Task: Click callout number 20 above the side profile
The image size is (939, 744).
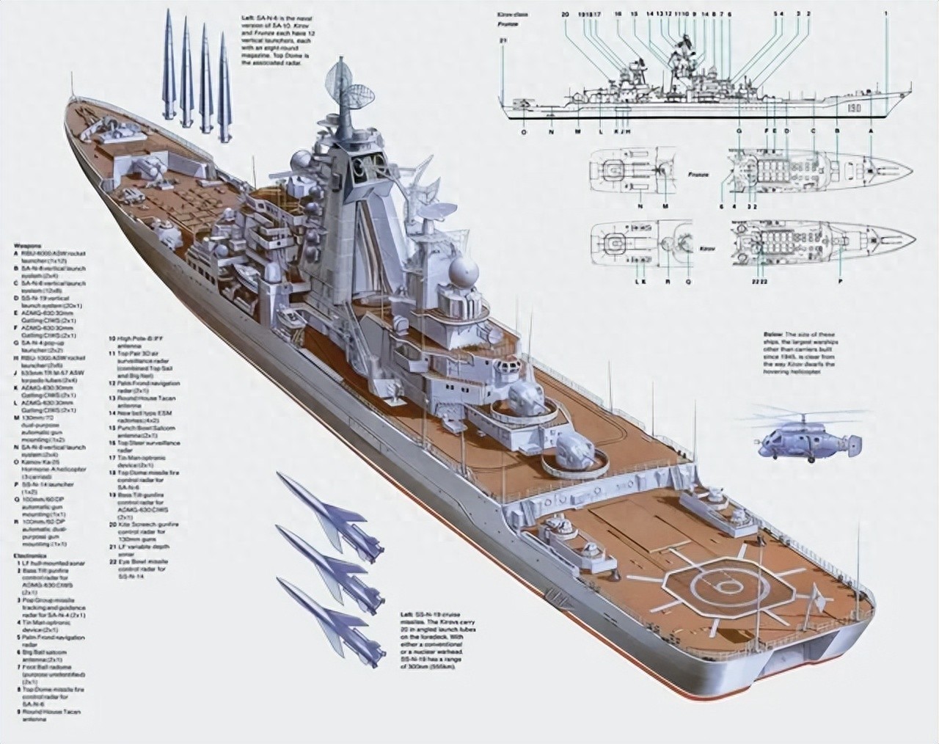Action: click(564, 14)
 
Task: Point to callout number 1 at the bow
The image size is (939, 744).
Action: click(886, 14)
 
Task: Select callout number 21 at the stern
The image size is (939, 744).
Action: click(503, 40)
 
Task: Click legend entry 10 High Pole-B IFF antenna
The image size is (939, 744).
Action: click(112, 339)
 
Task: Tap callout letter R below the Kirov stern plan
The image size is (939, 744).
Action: click(666, 281)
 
